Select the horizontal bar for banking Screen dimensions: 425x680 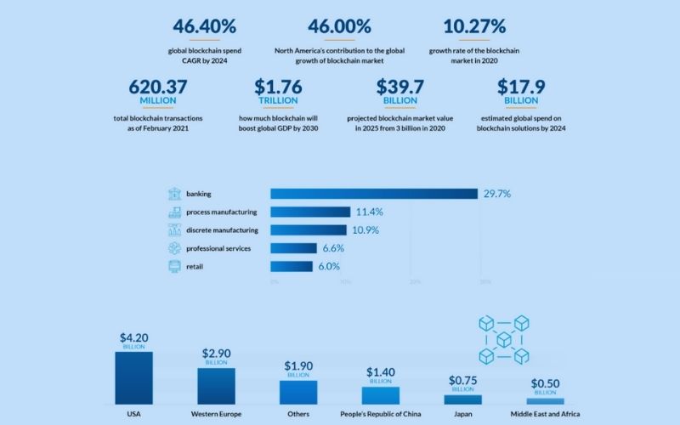(374, 194)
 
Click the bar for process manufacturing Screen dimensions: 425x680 (310, 212)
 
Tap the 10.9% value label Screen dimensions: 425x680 (366, 230)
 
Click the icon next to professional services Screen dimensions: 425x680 (174, 248)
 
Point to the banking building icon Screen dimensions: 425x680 (174, 194)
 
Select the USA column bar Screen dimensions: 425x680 (133, 377)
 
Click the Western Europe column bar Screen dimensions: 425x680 (216, 385)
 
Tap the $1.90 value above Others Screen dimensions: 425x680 (297, 365)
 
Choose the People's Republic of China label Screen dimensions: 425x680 (380, 415)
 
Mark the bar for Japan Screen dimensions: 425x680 (462, 399)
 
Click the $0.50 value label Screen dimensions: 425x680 (545, 384)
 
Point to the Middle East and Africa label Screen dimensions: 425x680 (545, 415)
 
